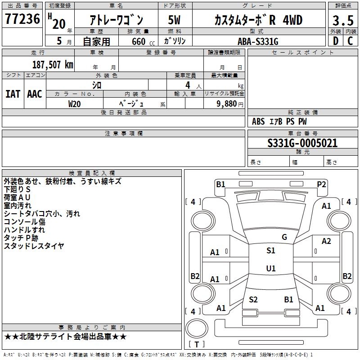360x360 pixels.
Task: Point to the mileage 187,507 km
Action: point(53,64)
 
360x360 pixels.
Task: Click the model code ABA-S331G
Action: point(258,41)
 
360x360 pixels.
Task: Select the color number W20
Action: point(74,103)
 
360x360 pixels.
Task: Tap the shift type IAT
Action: point(13,94)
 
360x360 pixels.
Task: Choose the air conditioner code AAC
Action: point(35,94)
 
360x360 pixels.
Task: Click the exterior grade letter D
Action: point(335,41)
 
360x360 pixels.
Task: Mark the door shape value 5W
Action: point(174,20)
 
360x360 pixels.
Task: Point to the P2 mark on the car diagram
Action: point(321,184)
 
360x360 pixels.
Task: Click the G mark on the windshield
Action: point(284,237)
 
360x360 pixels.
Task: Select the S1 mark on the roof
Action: point(270,251)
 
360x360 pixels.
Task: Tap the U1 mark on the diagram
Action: point(270,269)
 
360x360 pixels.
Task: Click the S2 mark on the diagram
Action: point(253,300)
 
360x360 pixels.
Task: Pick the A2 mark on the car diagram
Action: point(326,241)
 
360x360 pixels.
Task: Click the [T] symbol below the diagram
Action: point(197,345)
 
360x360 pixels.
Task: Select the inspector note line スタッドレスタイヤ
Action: point(34,246)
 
